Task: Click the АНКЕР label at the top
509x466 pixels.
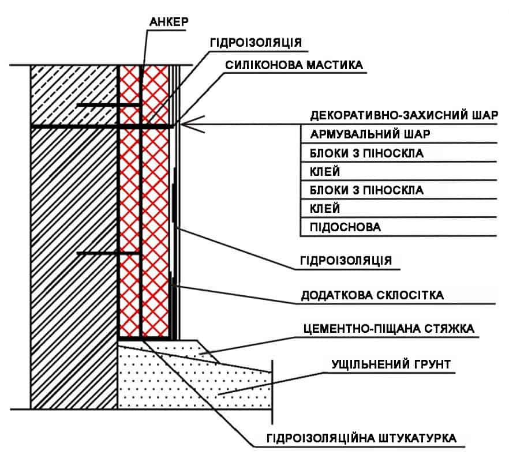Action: click(x=170, y=22)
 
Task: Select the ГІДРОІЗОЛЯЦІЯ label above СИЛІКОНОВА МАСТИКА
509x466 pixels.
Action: click(x=256, y=43)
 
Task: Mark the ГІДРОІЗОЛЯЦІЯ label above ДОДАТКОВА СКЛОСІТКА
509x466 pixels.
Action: click(x=346, y=260)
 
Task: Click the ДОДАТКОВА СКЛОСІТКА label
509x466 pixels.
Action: click(x=372, y=295)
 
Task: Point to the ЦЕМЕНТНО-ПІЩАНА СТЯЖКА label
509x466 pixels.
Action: click(x=388, y=329)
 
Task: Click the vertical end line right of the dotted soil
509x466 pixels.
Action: click(x=272, y=384)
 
